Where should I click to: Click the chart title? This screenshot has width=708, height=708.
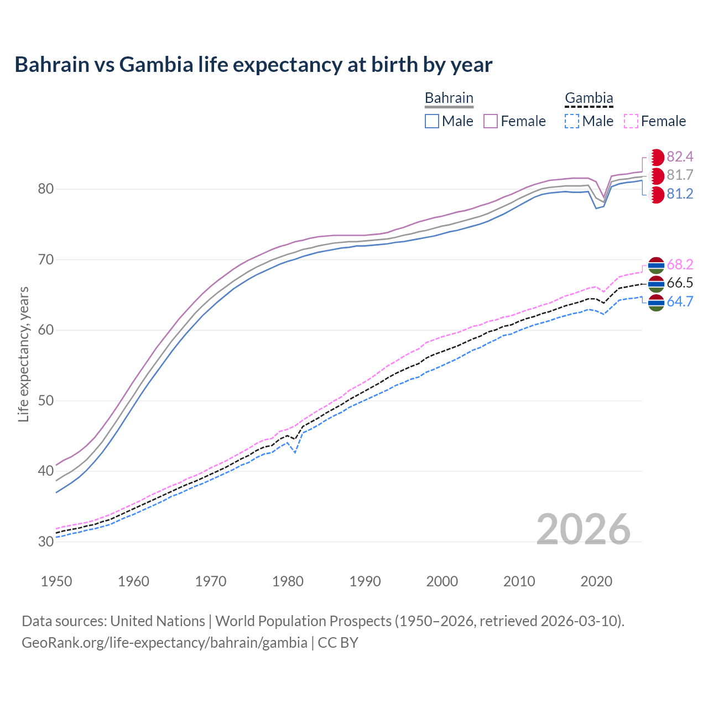(253, 65)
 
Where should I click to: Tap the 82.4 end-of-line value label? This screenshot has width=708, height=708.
(680, 157)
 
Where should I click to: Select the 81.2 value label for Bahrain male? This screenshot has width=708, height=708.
(680, 194)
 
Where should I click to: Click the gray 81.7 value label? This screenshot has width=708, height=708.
(680, 175)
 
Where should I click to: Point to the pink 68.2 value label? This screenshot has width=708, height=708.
(680, 264)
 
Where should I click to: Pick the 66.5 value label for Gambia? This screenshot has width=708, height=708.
(680, 283)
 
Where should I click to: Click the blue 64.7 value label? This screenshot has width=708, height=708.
(680, 301)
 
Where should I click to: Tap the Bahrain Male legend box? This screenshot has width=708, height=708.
(432, 121)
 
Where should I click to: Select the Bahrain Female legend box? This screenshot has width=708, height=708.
(491, 121)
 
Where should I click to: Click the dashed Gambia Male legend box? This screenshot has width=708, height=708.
(572, 121)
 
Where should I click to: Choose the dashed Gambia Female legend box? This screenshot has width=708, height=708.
(631, 121)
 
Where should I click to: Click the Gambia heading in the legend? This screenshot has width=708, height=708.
(589, 98)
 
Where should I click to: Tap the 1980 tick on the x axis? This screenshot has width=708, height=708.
(288, 581)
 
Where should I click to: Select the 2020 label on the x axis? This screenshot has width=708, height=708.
(596, 581)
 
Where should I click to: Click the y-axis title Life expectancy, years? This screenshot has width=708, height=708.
(23, 354)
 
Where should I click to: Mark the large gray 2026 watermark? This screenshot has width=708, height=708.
(583, 529)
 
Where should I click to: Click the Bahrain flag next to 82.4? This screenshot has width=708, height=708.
(656, 157)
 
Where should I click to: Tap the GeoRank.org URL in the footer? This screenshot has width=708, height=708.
(164, 643)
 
